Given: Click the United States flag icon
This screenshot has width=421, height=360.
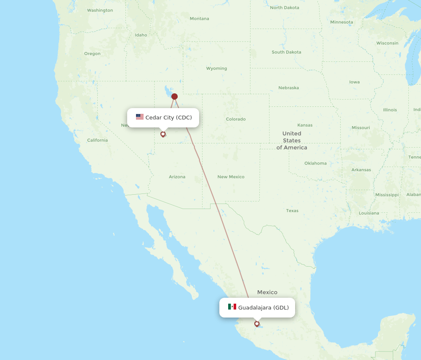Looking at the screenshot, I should pos(140,117).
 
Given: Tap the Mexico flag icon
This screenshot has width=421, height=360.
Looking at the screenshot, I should pos(232,307).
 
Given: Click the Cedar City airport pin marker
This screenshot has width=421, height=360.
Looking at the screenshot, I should pos(163,134).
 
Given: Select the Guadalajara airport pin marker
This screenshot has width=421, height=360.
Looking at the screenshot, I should pos(257,323).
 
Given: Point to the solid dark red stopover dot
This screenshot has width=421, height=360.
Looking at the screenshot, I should pos(174,97).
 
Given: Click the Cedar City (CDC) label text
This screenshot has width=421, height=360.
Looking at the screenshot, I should pos(168,117).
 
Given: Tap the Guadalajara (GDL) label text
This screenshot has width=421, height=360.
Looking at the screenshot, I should pos(264,307).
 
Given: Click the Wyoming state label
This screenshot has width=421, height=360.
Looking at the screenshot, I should pos(216,68).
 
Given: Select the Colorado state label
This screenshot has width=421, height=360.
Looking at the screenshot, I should pos(236,119).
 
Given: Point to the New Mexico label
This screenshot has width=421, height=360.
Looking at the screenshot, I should pos(231,177).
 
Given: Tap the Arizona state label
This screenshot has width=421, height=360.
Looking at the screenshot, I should pos(177,177).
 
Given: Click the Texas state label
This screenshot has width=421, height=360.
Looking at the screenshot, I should pos(292,211).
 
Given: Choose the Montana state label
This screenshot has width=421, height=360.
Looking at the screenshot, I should pos(199,19).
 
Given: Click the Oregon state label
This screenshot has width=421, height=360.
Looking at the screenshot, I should pos(92,53).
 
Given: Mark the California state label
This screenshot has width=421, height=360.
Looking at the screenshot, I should pos(97,140).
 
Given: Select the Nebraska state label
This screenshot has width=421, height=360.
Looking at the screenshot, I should pos(288,88).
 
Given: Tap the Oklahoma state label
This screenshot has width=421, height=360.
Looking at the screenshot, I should pos(315,163).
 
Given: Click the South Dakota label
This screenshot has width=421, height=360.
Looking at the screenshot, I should pos(286,52).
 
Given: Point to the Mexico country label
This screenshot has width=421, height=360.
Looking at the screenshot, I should pos(267,292).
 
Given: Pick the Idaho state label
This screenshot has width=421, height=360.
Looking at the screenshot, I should pos(141,35).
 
